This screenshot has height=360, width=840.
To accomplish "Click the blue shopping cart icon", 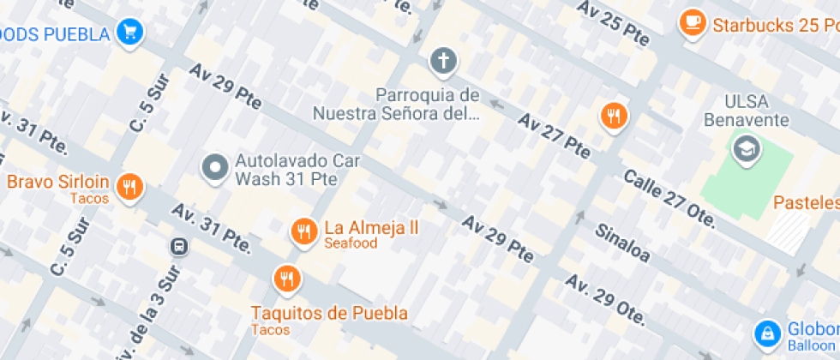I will [130, 33].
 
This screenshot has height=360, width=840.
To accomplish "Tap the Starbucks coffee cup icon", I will [692, 23].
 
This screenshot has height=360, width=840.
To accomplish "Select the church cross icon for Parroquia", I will [443, 60].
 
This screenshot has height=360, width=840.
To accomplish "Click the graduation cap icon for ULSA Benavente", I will [747, 150].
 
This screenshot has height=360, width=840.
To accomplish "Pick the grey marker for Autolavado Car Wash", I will [214, 167].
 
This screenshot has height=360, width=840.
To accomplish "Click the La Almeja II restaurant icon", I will [303, 230].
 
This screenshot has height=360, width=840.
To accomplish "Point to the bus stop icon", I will [180, 247].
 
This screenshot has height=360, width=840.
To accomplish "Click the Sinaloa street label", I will [622, 243].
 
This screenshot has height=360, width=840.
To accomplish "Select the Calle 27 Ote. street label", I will [669, 198].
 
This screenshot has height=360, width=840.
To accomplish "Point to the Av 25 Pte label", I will [615, 24].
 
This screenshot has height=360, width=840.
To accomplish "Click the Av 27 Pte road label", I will [554, 135].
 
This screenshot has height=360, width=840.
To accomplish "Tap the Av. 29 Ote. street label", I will [604, 299].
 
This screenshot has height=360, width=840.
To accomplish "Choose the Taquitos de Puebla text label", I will [329, 313].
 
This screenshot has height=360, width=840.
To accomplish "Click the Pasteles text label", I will [806, 203].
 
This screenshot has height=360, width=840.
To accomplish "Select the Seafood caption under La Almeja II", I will [350, 243].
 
